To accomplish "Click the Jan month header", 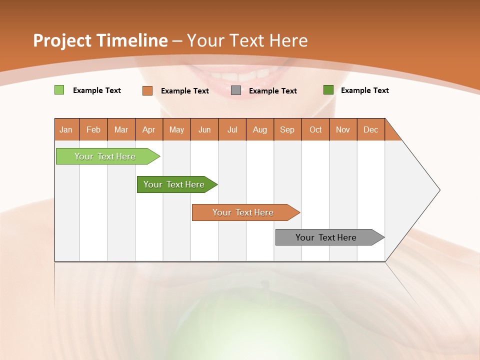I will (66, 129).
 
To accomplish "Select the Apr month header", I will (149, 129).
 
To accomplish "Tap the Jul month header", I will (232, 129).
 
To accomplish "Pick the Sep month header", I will (287, 129).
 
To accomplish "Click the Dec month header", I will (370, 129).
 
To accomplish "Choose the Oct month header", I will (315, 129).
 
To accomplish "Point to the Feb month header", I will (93, 129).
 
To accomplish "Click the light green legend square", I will (59, 90).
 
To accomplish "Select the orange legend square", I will (147, 90).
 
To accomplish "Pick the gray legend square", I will (236, 90).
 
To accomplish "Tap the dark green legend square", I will (328, 90).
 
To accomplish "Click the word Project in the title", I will (62, 40).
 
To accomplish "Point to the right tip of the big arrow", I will (439, 190).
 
